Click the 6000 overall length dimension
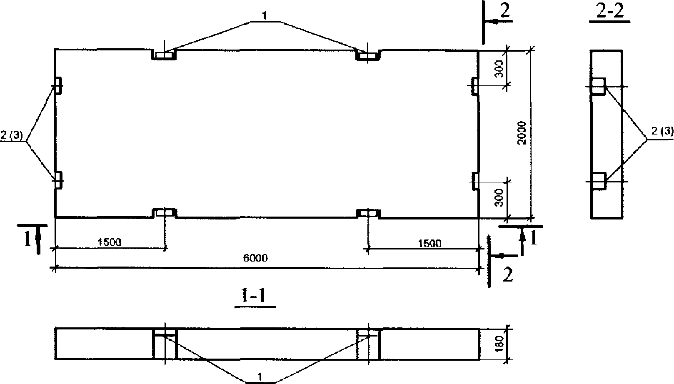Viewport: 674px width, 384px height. [x=255, y=258]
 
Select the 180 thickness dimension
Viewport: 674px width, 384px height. [x=499, y=344]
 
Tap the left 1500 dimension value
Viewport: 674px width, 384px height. [x=110, y=242]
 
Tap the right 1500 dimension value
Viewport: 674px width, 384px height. [x=429, y=243]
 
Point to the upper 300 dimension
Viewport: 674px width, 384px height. [x=499, y=69]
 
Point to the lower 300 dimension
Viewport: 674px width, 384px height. [x=499, y=198]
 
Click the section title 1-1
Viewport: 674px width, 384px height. [x=254, y=296]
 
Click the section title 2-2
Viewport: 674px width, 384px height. [x=610, y=11]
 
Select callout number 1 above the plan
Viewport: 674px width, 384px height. [x=264, y=16]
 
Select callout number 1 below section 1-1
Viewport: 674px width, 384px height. [x=260, y=377]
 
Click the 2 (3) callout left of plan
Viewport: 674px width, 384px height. [x=12, y=135]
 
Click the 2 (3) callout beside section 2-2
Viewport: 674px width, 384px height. [x=662, y=131]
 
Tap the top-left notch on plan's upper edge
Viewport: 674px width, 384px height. [x=164, y=55]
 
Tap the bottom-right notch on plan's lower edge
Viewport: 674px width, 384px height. [x=368, y=213]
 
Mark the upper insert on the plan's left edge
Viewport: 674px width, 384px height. [x=58, y=85]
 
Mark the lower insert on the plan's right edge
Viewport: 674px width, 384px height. [x=474, y=181]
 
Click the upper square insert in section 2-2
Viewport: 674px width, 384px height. [x=598, y=86]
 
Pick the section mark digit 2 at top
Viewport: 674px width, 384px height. [x=504, y=11]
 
